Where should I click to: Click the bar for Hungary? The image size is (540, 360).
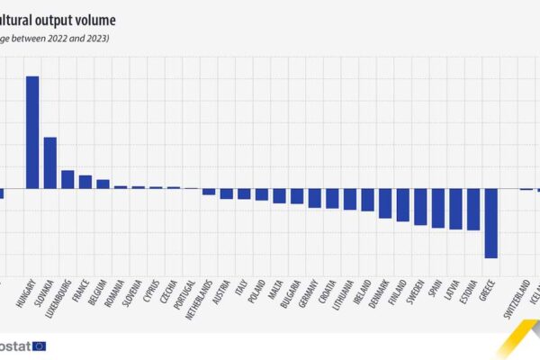[x=32, y=132]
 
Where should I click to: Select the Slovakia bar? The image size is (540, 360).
[x=50, y=163]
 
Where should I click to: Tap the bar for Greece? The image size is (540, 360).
[x=491, y=223]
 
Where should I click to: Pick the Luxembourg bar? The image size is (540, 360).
[x=67, y=179]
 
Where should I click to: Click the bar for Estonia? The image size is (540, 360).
[x=473, y=209]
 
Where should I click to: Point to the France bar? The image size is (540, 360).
[x=85, y=182]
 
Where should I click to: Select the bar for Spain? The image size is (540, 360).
[x=438, y=208]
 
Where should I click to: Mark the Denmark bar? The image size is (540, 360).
[x=385, y=203]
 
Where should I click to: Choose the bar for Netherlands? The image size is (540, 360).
[x=209, y=191]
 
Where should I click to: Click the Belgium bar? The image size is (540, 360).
[x=103, y=184]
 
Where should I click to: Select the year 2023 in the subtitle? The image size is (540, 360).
[x=94, y=39]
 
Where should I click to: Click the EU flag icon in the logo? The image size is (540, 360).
[x=39, y=346]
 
